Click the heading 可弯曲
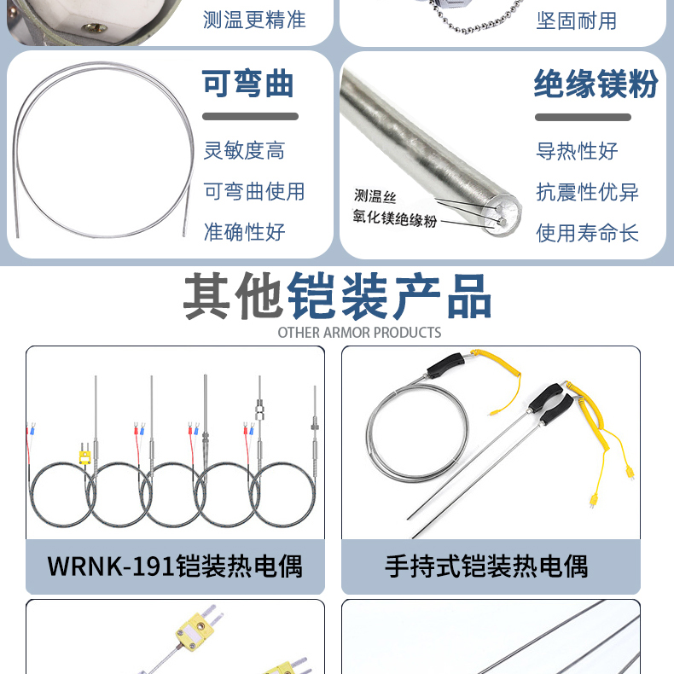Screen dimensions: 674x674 248,84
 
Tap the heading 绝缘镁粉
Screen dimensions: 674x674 596,84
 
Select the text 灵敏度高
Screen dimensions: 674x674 244,150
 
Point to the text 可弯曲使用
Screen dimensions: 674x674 254,191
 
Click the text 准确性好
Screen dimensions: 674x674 244,232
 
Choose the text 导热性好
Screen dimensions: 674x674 577,151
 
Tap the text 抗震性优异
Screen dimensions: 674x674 587,192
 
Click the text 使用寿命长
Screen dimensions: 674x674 587,233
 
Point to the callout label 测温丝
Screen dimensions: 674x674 375,196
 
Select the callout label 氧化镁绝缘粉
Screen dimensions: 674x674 395,218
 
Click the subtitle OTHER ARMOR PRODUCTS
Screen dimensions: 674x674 359,332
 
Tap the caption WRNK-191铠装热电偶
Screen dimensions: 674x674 175,567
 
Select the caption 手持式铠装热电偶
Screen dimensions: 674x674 486,567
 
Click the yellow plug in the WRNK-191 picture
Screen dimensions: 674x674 85,456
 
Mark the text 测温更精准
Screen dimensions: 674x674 254,20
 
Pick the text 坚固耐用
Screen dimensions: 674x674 577,20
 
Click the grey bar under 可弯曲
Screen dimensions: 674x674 250,117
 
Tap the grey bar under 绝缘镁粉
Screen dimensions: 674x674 583,118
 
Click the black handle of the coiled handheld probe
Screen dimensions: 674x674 445,365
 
